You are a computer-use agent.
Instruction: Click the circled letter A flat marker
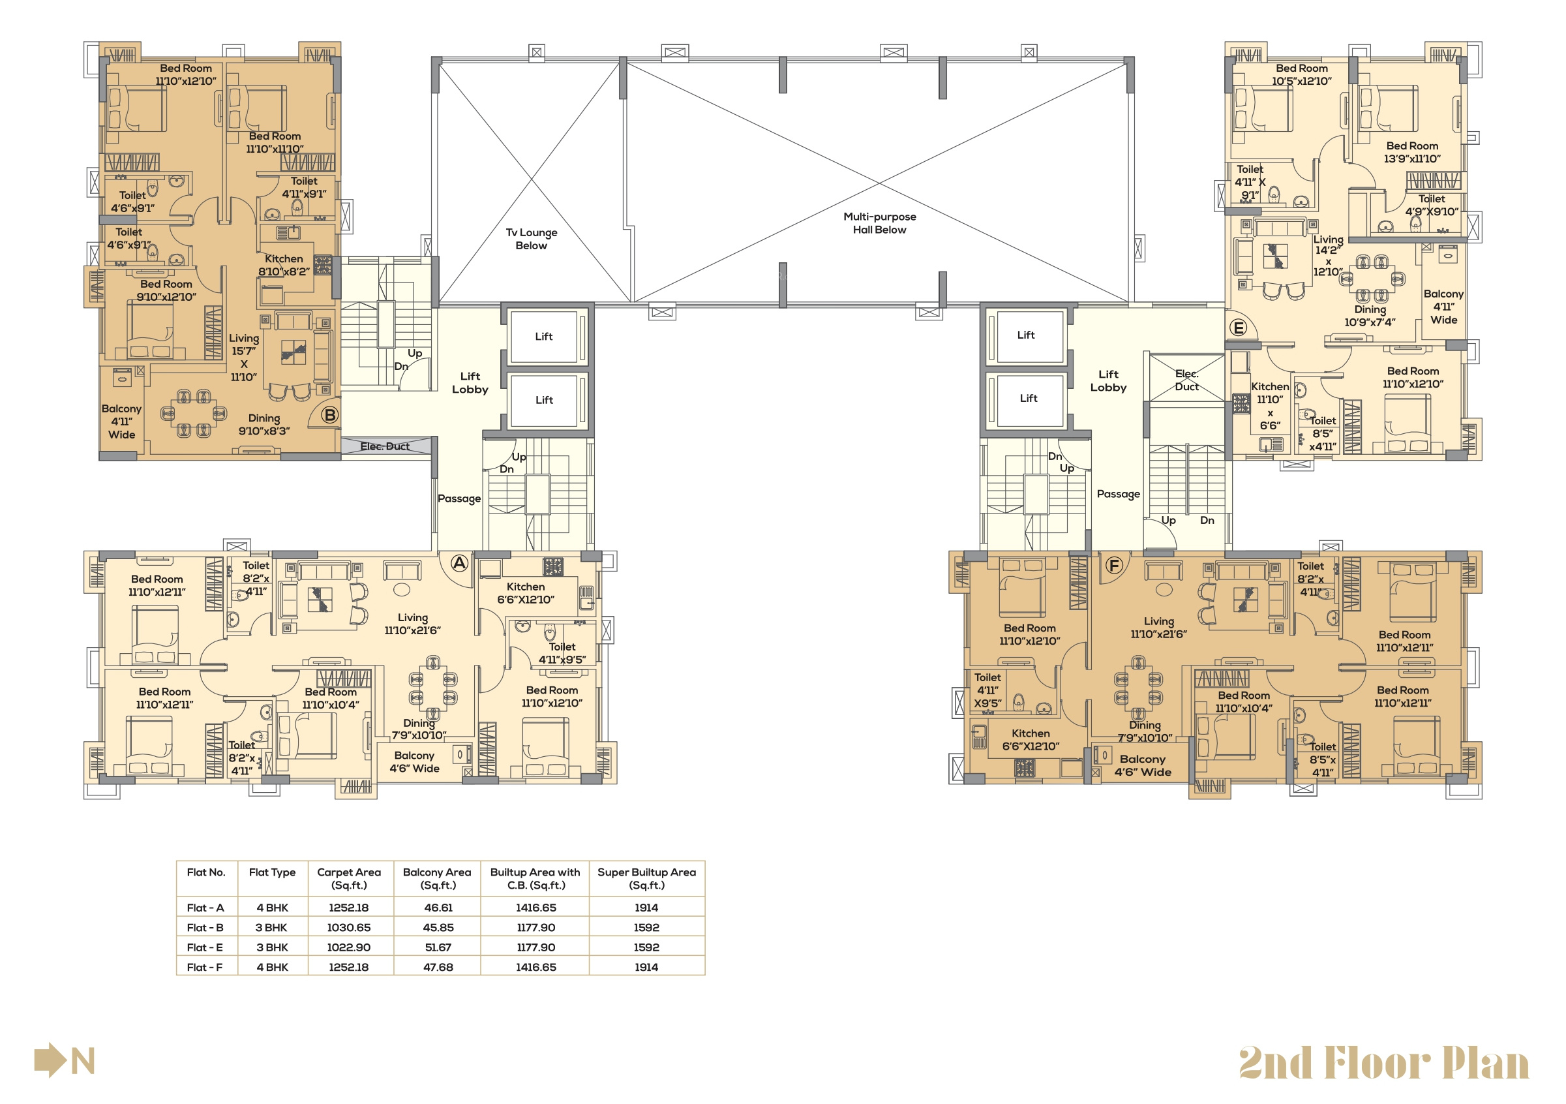pos(460,564)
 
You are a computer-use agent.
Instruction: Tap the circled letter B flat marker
pos(330,415)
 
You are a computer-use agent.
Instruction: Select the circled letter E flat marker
pos(1238,328)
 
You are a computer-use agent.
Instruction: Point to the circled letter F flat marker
pos(1114,566)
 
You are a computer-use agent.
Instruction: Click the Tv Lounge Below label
pos(532,239)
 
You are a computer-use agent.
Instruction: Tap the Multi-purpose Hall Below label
pos(880,223)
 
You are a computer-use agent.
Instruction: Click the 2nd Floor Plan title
pos(1384,1063)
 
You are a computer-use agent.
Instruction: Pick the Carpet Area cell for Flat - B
pos(348,928)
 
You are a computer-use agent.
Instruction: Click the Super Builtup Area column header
pos(646,879)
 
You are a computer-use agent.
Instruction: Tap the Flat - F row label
pos(205,968)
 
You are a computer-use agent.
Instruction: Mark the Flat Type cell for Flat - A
pos(272,908)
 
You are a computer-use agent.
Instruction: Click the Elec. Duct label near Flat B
pos(385,446)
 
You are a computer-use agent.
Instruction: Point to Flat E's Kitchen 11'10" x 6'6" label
pos(1270,406)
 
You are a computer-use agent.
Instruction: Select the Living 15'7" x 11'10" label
pos(243,358)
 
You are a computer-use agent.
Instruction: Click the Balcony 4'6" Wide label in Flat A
pos(414,762)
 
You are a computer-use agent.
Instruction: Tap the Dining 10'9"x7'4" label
pos(1370,316)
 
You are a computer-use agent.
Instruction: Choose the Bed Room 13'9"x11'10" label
pos(1412,152)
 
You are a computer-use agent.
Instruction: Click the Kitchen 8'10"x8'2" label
pos(284,266)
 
